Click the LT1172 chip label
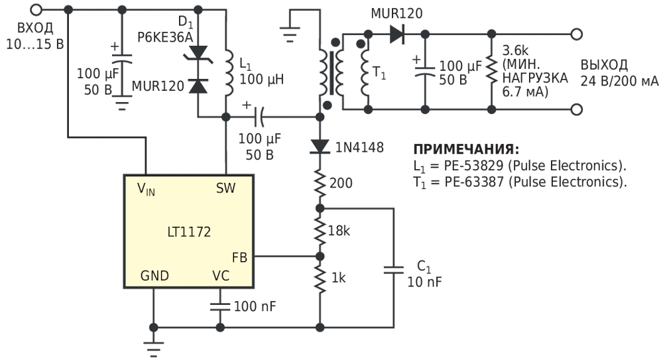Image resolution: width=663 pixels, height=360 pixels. (189, 232)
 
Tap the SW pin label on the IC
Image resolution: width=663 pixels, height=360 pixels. (225, 188)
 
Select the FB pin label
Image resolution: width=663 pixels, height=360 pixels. (239, 257)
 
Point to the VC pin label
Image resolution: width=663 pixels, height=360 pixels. (221, 276)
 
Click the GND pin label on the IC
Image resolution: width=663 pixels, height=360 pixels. (154, 276)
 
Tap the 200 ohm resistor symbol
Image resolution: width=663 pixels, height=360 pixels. (320, 184)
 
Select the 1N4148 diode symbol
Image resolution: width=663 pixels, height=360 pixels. (320, 147)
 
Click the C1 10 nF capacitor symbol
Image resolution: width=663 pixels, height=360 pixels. (394, 270)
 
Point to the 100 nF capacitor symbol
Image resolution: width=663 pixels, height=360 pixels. (220, 307)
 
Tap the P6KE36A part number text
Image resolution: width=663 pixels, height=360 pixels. (165, 38)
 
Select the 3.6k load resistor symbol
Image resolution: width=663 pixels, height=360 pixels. (491, 70)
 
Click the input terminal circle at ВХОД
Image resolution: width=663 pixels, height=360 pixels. (37, 9)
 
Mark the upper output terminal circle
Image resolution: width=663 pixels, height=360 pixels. (577, 34)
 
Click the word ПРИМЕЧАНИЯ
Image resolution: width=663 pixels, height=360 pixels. (466, 149)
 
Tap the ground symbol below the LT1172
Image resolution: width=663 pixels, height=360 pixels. (154, 346)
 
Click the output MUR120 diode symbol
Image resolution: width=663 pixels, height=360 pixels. (396, 34)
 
